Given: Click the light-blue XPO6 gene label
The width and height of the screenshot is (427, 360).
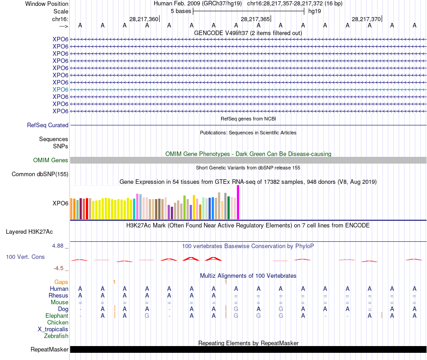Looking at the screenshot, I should (x=60, y=89).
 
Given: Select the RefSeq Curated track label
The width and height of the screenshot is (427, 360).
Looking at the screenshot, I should (x=48, y=125).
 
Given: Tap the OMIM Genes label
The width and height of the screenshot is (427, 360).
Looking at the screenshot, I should (x=50, y=160).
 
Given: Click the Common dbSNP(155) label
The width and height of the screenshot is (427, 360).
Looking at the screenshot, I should (x=40, y=174).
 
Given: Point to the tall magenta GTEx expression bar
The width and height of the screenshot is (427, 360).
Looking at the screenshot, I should (x=238, y=202).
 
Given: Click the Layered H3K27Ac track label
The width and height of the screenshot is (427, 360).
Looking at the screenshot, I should (x=29, y=232).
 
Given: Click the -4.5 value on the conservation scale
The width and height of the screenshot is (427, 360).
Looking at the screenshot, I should (x=59, y=268).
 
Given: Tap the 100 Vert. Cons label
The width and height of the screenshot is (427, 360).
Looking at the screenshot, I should (x=25, y=257).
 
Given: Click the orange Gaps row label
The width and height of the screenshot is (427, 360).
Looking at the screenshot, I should (x=61, y=282).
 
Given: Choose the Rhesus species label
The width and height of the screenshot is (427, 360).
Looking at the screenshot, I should (x=58, y=296).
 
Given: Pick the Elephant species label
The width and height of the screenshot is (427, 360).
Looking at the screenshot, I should (x=57, y=316).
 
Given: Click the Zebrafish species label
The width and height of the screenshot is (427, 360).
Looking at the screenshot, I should (x=56, y=336).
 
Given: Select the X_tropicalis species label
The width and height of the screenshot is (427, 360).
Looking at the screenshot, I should (x=53, y=329).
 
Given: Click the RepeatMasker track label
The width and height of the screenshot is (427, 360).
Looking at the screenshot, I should (x=49, y=349).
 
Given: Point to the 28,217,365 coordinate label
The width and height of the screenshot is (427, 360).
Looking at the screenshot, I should (x=255, y=19).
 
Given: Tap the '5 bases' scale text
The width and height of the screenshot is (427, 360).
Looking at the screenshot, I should (x=181, y=11).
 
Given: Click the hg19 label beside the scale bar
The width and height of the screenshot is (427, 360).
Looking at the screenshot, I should (x=314, y=11).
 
